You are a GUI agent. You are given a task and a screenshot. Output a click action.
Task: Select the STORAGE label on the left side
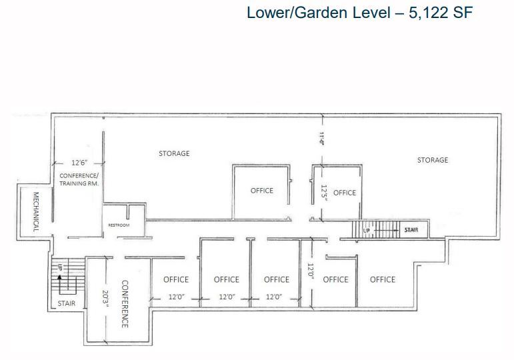click(x=174, y=153)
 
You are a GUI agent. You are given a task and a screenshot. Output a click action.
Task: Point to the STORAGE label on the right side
click(x=433, y=160)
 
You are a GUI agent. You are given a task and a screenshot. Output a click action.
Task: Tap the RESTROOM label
click(x=119, y=225)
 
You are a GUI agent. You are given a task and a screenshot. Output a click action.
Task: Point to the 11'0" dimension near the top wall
click(x=321, y=138)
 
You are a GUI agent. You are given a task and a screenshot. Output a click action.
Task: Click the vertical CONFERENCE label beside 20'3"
click(x=124, y=303)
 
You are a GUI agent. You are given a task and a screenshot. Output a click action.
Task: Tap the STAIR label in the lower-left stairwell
click(x=67, y=303)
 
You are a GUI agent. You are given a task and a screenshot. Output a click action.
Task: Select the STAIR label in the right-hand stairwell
click(x=411, y=230)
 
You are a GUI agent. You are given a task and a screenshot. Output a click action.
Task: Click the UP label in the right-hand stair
click(x=366, y=231)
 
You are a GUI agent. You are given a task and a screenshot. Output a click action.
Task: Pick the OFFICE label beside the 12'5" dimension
click(x=345, y=193)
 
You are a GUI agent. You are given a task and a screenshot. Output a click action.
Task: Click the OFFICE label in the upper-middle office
click(x=262, y=190)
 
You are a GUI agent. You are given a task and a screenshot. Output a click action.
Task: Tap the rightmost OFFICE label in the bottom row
click(x=383, y=279)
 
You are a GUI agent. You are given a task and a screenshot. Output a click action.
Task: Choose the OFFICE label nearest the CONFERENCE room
click(x=176, y=279)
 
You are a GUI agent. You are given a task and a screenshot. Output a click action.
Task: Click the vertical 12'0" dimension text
click(x=310, y=272)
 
